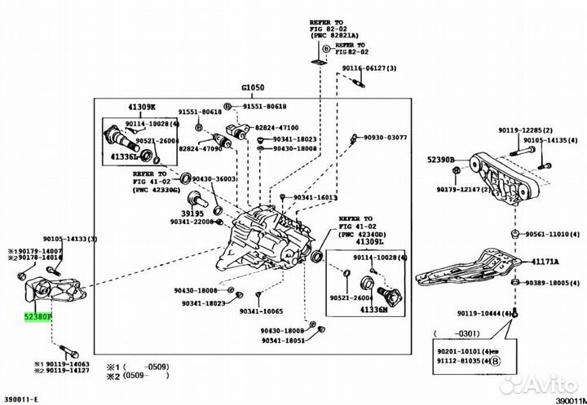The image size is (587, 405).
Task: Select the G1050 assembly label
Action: (254, 87)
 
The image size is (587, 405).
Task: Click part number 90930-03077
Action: (384, 138)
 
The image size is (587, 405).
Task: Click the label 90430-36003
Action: (214, 178)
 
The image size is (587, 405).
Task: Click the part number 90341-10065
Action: (262, 312)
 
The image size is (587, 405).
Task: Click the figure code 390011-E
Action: (21, 397)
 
